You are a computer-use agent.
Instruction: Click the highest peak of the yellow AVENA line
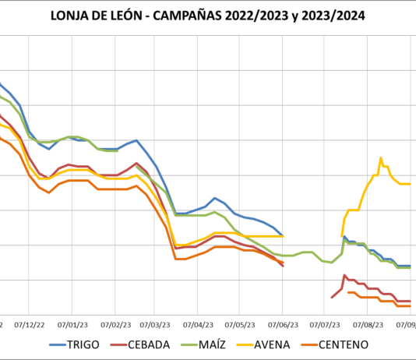tap(381, 158)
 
